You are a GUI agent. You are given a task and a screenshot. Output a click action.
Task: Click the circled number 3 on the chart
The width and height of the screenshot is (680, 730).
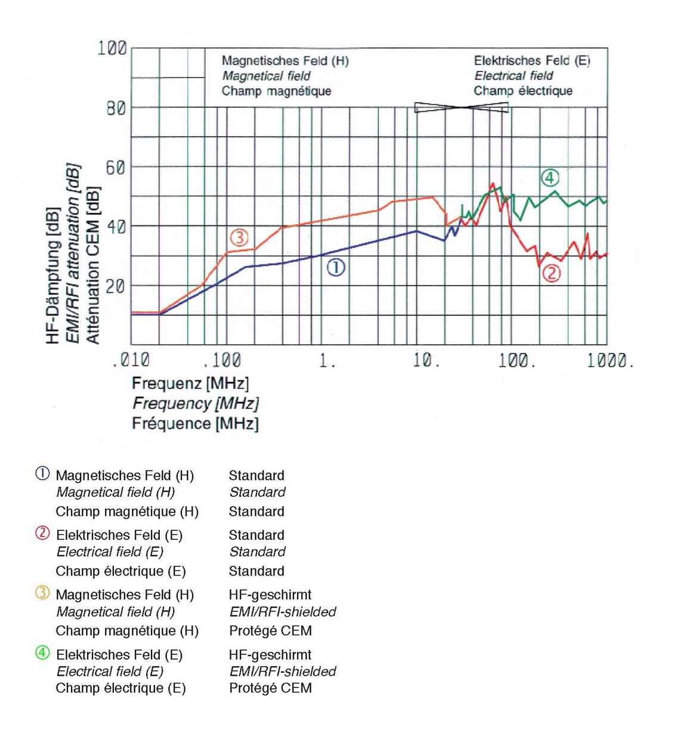tap(239, 238)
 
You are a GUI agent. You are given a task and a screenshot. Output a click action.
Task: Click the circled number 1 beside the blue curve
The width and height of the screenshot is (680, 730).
tap(336, 268)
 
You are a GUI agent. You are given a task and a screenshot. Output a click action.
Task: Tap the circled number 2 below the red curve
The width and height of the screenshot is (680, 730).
tap(551, 273)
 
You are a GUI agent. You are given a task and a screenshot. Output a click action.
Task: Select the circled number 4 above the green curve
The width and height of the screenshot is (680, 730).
tap(549, 177)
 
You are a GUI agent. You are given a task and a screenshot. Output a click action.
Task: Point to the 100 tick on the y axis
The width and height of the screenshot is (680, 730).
tap(112, 48)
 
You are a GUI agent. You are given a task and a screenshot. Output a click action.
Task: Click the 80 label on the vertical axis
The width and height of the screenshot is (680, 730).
tap(116, 108)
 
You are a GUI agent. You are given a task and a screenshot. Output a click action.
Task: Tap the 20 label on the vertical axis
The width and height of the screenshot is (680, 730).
tap(116, 286)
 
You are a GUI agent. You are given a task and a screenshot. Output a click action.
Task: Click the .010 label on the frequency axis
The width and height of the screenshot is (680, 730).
tap(131, 360)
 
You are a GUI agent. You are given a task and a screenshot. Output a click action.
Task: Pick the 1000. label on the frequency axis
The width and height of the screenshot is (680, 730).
tap(610, 360)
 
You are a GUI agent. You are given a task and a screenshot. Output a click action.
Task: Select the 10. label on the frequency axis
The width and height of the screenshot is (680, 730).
tap(426, 360)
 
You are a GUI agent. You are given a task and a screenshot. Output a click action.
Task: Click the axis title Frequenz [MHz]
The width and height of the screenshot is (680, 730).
tap(190, 383)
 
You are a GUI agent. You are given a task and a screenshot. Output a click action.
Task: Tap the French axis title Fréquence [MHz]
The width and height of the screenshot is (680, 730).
tap(195, 424)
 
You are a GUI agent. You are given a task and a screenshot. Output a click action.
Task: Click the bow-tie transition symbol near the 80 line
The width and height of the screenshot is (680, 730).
tap(462, 107)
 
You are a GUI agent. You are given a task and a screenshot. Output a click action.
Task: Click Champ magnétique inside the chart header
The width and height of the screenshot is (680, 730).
tap(276, 91)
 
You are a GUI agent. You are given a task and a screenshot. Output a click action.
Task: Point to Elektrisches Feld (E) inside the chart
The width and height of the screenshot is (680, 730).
tap(531, 60)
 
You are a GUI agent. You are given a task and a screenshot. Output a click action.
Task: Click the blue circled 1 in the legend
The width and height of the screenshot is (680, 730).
tap(42, 474)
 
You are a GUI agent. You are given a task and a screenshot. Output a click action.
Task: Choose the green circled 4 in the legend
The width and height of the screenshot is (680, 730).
tap(42, 652)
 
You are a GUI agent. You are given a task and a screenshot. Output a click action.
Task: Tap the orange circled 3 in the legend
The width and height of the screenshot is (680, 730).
tap(42, 593)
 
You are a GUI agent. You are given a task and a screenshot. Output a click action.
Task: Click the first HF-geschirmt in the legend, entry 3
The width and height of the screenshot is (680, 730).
tap(270, 595)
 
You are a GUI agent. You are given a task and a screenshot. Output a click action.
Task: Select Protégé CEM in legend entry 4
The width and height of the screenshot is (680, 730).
tap(270, 688)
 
